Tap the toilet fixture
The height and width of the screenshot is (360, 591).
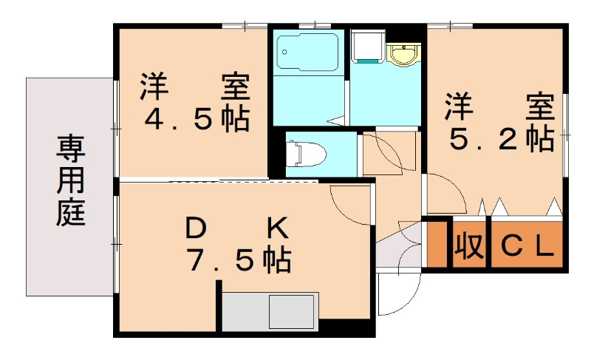click(x=305, y=154)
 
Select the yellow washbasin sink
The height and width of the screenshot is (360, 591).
click(x=403, y=54)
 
